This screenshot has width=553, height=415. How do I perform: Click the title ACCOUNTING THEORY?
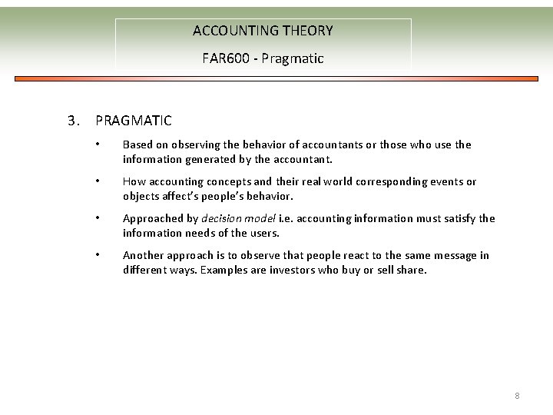click(x=263, y=31)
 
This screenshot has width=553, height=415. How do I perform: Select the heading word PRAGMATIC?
click(x=134, y=121)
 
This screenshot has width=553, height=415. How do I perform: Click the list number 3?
click(x=73, y=121)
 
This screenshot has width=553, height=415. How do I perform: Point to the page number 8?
click(x=517, y=396)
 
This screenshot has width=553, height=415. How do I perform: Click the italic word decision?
click(x=224, y=219)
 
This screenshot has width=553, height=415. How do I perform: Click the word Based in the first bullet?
click(x=138, y=144)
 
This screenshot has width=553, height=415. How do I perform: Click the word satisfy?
click(x=456, y=219)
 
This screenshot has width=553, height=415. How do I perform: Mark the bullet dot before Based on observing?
click(x=98, y=144)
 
